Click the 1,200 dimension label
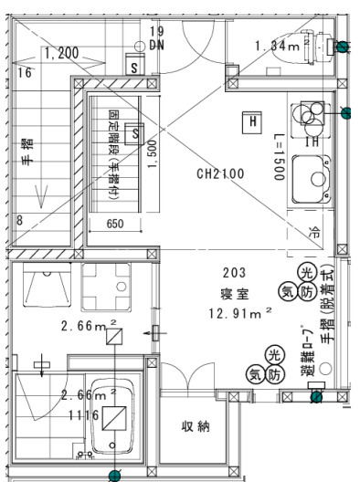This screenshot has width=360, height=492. click(61, 53)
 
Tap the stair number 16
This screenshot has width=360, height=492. click(25, 71)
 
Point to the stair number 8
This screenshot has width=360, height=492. click(19, 220)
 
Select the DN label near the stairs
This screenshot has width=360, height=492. click(157, 45)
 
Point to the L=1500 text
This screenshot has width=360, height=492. click(279, 163)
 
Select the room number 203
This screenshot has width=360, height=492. click(234, 273)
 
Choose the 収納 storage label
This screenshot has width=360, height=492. click(189, 427)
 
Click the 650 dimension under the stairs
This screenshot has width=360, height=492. click(115, 224)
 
